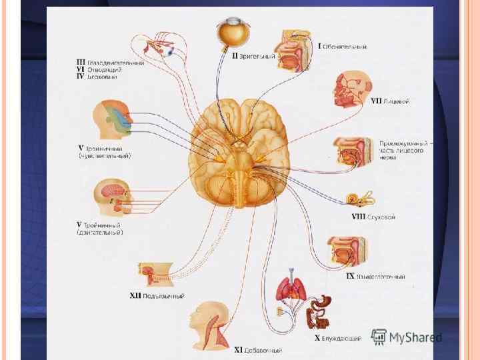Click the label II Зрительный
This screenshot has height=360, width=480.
253,57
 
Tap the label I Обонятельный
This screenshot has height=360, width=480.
342,47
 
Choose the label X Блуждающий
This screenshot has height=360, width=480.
338,338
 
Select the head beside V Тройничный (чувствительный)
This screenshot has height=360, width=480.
109,118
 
